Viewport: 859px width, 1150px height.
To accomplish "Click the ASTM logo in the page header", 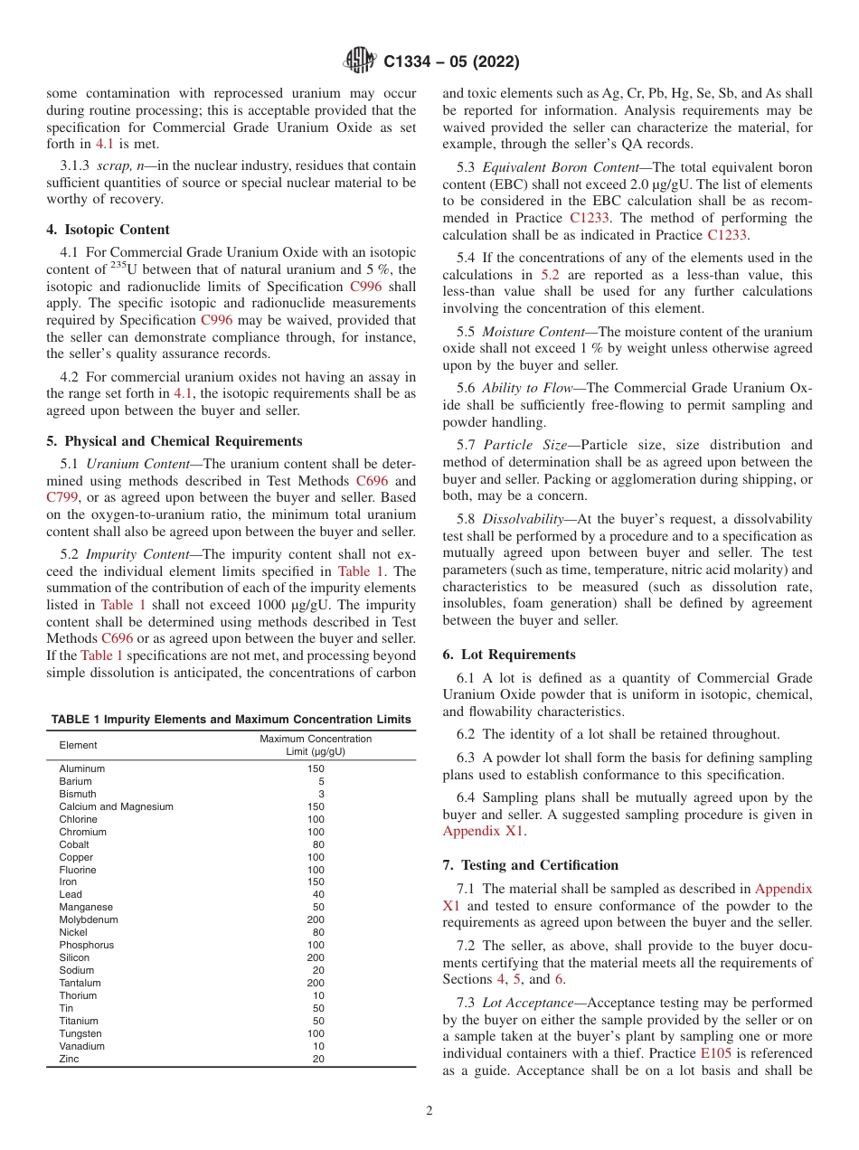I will tap(360, 61).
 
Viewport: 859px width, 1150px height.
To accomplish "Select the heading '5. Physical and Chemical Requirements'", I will tap(174, 441).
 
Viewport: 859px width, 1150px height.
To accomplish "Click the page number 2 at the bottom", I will tap(429, 1111).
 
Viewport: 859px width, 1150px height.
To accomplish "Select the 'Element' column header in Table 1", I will tap(78, 745).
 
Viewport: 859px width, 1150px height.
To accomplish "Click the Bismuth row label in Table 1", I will tap(78, 794).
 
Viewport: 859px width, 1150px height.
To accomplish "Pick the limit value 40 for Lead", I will tap(318, 894).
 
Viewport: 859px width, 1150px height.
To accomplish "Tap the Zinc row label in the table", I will tap(70, 1059).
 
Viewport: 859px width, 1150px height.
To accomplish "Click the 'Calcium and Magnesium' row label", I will tap(116, 806).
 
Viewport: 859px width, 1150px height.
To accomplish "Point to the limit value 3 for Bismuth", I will tap(321, 794).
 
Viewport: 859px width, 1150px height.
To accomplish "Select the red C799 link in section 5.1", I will tap(63, 497).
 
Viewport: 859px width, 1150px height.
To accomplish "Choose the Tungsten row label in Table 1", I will tap(80, 1033).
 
